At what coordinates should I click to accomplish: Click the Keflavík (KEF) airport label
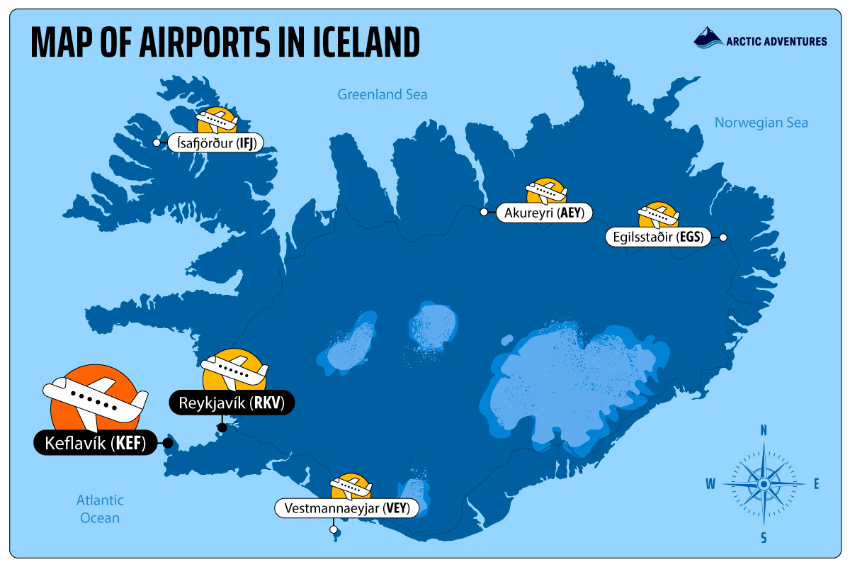point(94,444)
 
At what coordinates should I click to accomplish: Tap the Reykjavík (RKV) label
point(231,403)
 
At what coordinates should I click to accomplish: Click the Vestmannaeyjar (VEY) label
point(346,508)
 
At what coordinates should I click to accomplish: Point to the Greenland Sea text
point(382,94)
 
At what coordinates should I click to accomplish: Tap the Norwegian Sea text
point(761,123)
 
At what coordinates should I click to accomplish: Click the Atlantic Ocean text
point(100,509)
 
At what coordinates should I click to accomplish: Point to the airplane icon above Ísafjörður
point(217,120)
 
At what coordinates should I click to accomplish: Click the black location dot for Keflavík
point(168,444)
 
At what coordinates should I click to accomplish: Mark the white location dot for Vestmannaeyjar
point(333,529)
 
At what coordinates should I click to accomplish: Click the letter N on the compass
point(764,430)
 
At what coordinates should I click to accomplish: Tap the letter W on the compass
point(710,484)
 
